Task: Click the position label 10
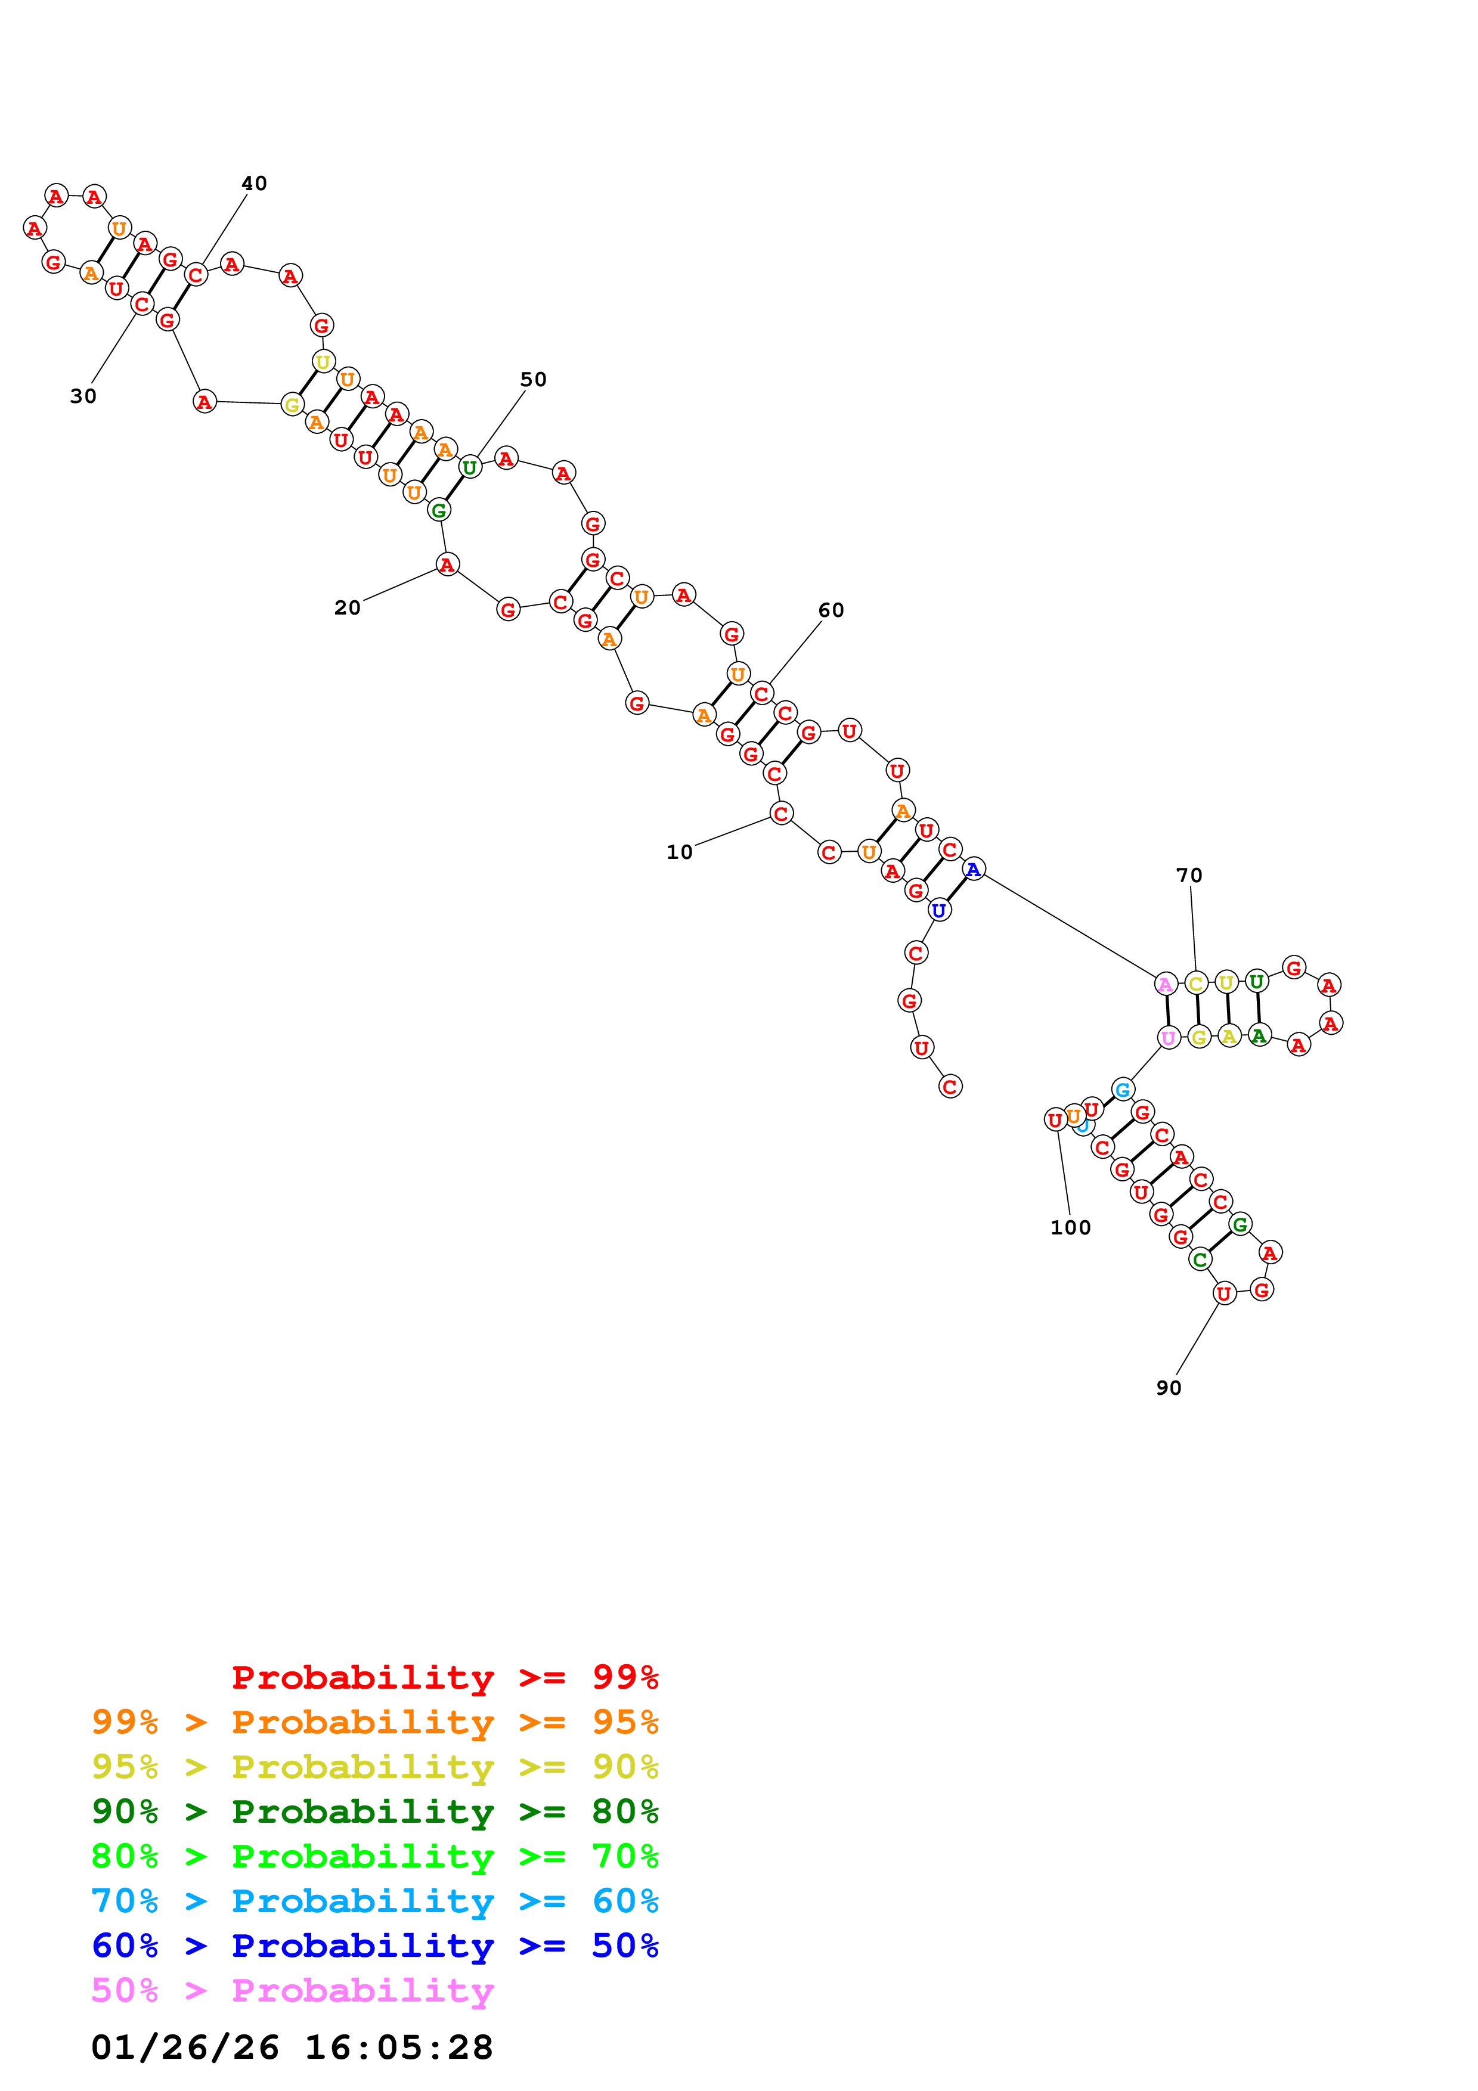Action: [x=679, y=852]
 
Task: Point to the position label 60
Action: [x=831, y=610]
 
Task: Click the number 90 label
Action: [x=1169, y=1388]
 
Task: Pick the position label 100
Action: [x=1070, y=1228]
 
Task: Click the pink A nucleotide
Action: [x=1165, y=984]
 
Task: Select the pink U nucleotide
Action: [x=1169, y=1038]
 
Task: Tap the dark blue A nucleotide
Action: [x=974, y=870]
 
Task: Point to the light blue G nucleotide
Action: [x=1123, y=1089]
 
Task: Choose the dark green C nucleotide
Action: [x=1200, y=1259]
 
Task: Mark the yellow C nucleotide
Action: [x=1196, y=984]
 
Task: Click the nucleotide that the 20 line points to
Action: [x=446, y=566]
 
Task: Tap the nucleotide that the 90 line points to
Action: [x=1224, y=1293]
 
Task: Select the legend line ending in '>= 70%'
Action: [x=374, y=1856]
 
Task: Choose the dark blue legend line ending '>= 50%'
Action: [x=374, y=1946]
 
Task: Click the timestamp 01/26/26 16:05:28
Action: [x=292, y=2047]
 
